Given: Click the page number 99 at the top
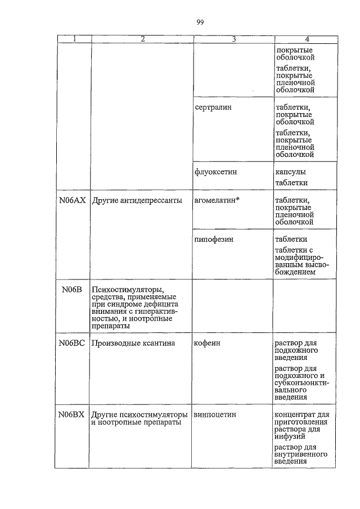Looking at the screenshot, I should (200, 22).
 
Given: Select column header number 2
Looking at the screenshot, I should (142, 39).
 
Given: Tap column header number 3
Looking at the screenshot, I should (233, 39).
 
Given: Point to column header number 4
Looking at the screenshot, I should (307, 39).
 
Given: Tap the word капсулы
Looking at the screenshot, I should (291, 172).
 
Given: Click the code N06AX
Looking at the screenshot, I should (72, 200).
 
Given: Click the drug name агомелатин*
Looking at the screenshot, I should (217, 200).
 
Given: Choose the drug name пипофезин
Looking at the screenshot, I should (214, 239).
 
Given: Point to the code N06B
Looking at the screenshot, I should (72, 289).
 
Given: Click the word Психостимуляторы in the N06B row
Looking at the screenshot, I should (123, 289).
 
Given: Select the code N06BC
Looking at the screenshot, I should (72, 343).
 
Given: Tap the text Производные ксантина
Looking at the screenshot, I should (133, 343).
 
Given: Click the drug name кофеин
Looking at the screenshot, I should (208, 343).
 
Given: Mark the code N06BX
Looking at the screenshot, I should (72, 415).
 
